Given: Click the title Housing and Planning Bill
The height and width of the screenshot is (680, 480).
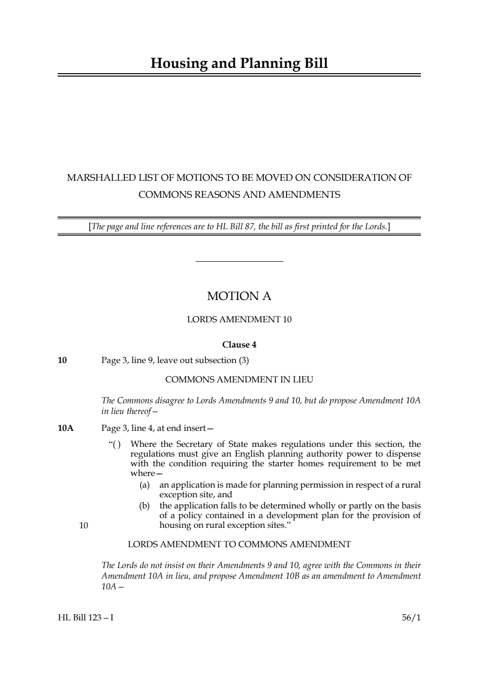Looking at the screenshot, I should pyautogui.click(x=239, y=63).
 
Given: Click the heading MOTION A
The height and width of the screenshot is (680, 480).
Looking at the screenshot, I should pyautogui.click(x=239, y=296).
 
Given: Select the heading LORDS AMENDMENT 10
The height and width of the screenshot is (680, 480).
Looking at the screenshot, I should pyautogui.click(x=239, y=319).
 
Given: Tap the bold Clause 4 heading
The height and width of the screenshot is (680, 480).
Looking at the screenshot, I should pyautogui.click(x=239, y=345).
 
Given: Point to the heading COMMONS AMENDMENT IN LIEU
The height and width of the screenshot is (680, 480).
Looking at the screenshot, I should pyautogui.click(x=239, y=380).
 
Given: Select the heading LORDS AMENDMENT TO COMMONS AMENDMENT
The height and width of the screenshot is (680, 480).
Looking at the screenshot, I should pyautogui.click(x=239, y=544).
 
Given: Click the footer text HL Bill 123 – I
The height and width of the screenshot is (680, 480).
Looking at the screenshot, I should pyautogui.click(x=86, y=618).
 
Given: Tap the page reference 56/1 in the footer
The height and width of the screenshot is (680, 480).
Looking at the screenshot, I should pyautogui.click(x=411, y=618).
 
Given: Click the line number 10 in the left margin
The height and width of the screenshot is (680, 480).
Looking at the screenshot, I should pyautogui.click(x=83, y=525).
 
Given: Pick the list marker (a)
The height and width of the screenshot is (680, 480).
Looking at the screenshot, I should pyautogui.click(x=144, y=485).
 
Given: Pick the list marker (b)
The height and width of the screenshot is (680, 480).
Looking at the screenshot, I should pyautogui.click(x=144, y=506).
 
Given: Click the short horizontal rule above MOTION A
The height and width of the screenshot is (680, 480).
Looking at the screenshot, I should pyautogui.click(x=239, y=262).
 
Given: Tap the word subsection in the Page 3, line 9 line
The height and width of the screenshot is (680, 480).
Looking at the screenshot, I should pyautogui.click(x=214, y=360).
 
